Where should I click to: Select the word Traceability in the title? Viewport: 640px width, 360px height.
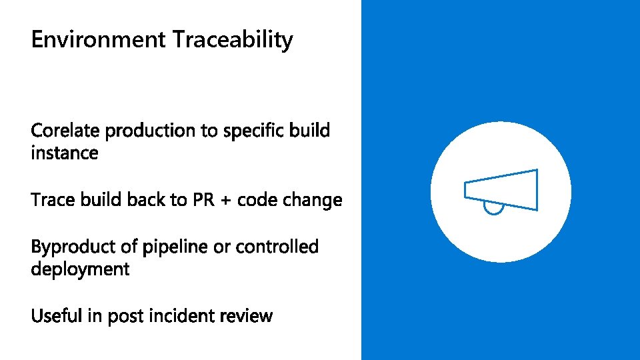(x=233, y=40)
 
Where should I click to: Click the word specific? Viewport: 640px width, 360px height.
(x=255, y=131)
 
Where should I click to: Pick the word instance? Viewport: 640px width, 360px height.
(x=65, y=153)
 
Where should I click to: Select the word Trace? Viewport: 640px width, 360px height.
(x=54, y=200)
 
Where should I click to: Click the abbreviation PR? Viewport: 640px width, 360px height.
(x=203, y=200)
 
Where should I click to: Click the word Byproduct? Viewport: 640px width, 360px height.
(x=74, y=247)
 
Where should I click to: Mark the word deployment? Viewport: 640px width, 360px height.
(x=80, y=270)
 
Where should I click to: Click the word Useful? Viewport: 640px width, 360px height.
(x=57, y=315)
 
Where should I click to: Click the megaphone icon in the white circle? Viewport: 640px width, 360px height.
(x=501, y=191)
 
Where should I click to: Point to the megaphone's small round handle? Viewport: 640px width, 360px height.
(x=493, y=209)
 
